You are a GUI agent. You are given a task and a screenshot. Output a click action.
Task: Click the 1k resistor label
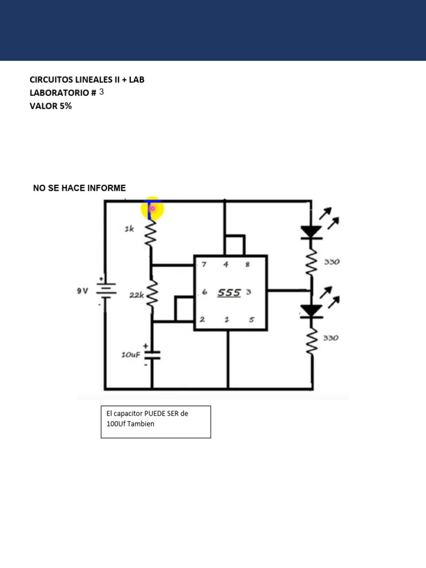[129, 229]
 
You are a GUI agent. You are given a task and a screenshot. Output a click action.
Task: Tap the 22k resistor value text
[136, 296]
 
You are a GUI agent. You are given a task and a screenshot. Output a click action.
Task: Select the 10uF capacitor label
[131, 354]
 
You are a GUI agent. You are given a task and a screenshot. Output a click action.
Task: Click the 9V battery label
[82, 290]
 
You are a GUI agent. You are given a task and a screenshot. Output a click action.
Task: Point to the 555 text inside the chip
[229, 292]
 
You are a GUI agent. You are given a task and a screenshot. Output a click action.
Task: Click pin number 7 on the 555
[204, 265]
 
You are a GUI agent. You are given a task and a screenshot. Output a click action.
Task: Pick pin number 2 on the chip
[202, 319]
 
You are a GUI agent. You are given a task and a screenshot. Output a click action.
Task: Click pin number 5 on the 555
[251, 319]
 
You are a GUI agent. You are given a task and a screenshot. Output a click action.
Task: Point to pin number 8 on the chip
[247, 265]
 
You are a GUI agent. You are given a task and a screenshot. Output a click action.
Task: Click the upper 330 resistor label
[331, 262]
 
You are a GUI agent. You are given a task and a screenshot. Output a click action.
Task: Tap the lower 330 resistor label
[331, 337]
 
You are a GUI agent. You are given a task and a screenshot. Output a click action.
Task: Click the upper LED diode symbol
[312, 231]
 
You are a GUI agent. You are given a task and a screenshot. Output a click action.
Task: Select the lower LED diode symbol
[312, 310]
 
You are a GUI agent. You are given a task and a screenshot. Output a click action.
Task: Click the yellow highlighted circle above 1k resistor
[152, 209]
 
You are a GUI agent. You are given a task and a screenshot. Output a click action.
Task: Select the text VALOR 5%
[50, 106]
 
